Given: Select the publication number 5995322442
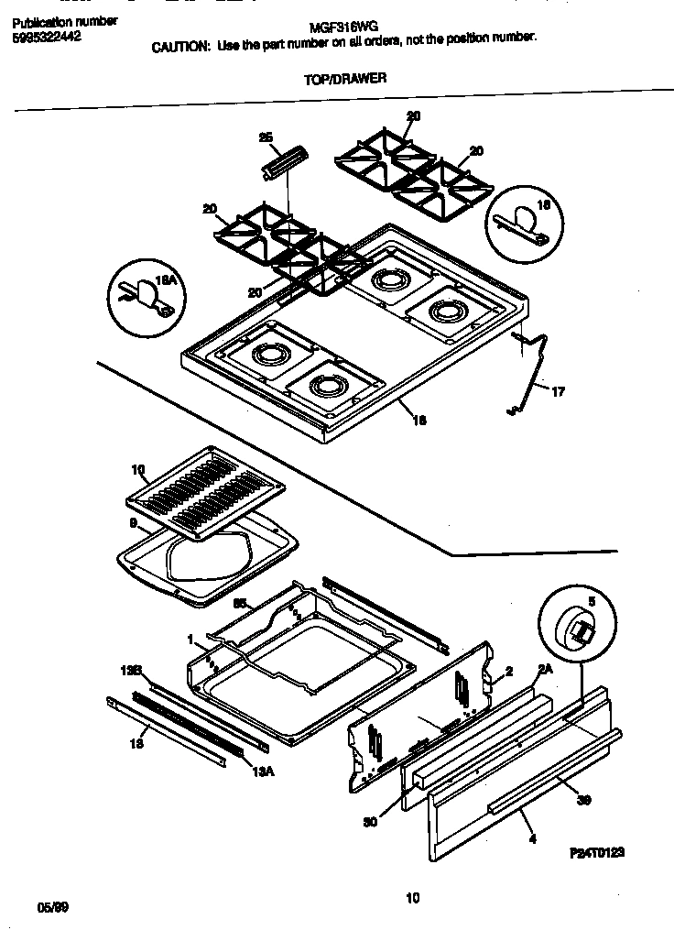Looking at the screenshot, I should tap(53, 38).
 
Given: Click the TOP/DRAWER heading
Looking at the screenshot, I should tap(344, 79).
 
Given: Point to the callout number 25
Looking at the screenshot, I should tap(266, 138).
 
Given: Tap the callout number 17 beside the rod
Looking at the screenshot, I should tap(558, 391).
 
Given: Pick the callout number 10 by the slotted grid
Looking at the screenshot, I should tap(137, 471).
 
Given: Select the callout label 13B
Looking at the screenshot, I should tap(134, 671).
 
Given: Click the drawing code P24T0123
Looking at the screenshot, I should tap(596, 851).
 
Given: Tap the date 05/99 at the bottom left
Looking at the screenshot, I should tap(53, 907).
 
